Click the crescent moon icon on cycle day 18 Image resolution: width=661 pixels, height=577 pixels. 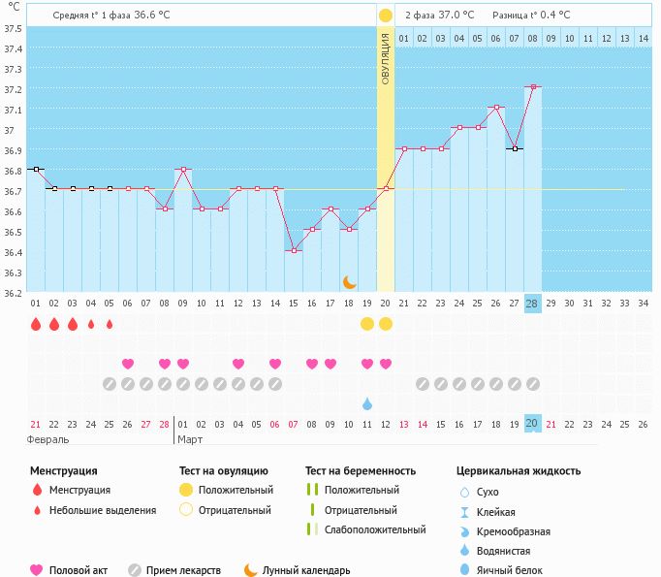350,282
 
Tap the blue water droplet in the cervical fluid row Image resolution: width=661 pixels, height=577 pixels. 367,403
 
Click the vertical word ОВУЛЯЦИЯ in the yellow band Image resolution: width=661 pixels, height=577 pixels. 385,59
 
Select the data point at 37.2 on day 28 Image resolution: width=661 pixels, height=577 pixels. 533,87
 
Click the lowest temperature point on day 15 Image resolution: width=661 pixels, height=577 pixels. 294,250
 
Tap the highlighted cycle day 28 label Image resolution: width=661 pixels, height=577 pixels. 532,304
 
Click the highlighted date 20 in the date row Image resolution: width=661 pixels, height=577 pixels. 532,424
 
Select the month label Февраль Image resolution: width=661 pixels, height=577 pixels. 49,439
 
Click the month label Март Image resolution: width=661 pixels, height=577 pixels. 191,439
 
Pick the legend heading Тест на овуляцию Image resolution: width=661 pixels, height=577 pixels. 224,471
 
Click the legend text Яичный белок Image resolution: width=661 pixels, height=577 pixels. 510,571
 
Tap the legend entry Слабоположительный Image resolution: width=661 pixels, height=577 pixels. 375,530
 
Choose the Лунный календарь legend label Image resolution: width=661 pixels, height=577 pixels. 306,571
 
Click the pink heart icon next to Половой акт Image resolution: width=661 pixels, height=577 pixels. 38,570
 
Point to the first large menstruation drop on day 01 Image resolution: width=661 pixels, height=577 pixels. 36,324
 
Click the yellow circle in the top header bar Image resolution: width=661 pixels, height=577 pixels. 386,16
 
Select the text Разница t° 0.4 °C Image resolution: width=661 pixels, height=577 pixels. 531,16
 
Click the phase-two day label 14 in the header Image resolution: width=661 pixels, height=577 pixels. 644,39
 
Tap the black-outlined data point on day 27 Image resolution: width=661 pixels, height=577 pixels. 515,148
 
